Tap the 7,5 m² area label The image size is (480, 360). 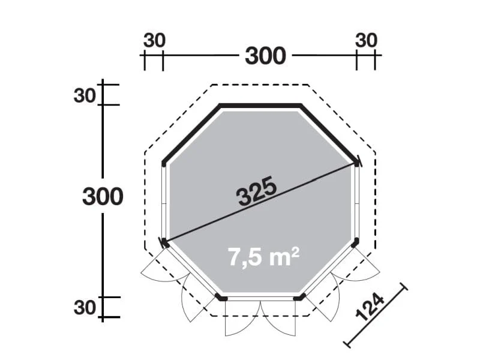pyautogui.click(x=263, y=257)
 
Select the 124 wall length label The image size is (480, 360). pyautogui.click(x=370, y=308)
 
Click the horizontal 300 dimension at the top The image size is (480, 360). pyautogui.click(x=265, y=56)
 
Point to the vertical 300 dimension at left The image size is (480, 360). pyautogui.click(x=103, y=196)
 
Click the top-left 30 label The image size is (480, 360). pyautogui.click(x=154, y=40)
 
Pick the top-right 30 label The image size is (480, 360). pyautogui.click(x=366, y=40)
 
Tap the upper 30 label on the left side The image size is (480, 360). pyautogui.click(x=85, y=96)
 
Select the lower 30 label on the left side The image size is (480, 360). pyautogui.click(x=85, y=308)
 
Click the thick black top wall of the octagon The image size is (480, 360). pyautogui.click(x=260, y=106)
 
